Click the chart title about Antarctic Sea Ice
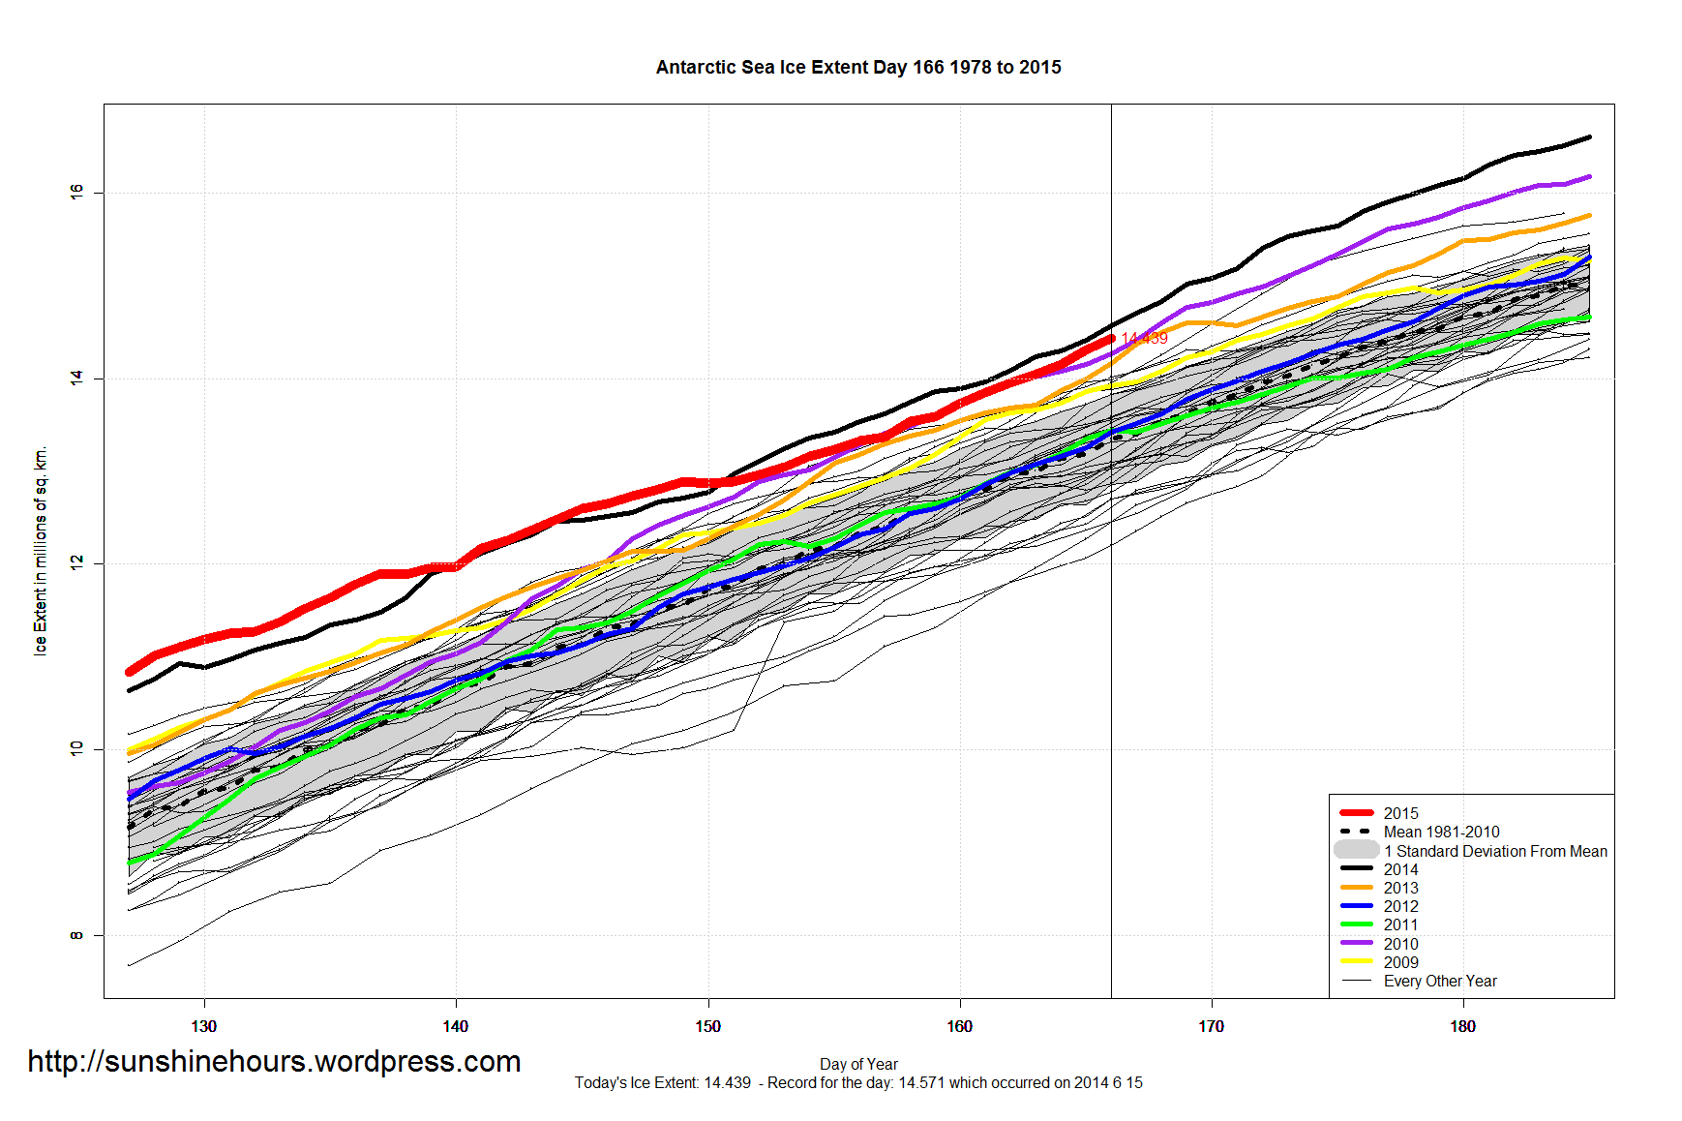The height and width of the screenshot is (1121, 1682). pos(858,67)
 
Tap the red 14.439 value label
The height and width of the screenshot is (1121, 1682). pos(1145,338)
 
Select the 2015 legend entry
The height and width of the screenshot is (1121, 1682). pos(1400,813)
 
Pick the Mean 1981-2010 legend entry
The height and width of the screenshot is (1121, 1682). pos(1441,832)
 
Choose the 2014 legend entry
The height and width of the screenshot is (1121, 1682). pos(1400,869)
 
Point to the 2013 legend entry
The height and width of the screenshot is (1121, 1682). pos(1400,888)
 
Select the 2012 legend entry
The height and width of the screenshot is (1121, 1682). pos(1400,906)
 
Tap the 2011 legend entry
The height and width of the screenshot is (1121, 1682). pos(1400,924)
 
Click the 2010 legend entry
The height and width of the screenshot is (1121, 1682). pos(1400,944)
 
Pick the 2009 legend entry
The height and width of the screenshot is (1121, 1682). pos(1400,962)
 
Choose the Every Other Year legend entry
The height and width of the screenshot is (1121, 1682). pos(1439,981)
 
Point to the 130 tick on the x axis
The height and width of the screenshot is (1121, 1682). pos(204,1026)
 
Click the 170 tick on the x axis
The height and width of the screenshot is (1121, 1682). pos(1211,1026)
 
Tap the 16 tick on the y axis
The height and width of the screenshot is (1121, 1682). pos(76,193)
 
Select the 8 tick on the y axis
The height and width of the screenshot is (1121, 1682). pos(76,935)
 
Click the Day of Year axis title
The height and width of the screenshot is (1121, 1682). pos(858,1064)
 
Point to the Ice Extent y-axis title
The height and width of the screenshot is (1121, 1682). pos(41,552)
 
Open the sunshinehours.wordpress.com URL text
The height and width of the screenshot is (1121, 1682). pos(274,1061)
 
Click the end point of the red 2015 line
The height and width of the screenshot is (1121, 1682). pos(1111,338)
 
